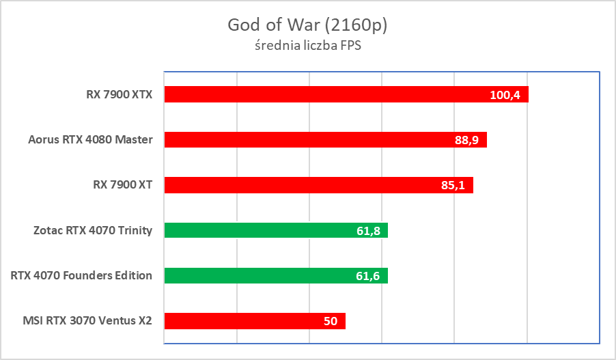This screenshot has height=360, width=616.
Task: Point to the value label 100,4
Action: tap(505, 95)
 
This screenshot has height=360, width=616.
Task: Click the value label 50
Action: tap(331, 321)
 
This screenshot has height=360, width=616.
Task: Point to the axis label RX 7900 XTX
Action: tap(114, 94)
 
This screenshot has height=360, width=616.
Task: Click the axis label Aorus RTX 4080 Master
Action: tap(90, 140)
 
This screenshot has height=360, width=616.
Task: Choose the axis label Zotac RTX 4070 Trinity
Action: tap(92, 230)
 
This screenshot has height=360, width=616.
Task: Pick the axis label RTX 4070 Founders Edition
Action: tap(81, 276)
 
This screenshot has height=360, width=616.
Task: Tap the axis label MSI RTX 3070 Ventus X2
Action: tap(87, 321)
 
